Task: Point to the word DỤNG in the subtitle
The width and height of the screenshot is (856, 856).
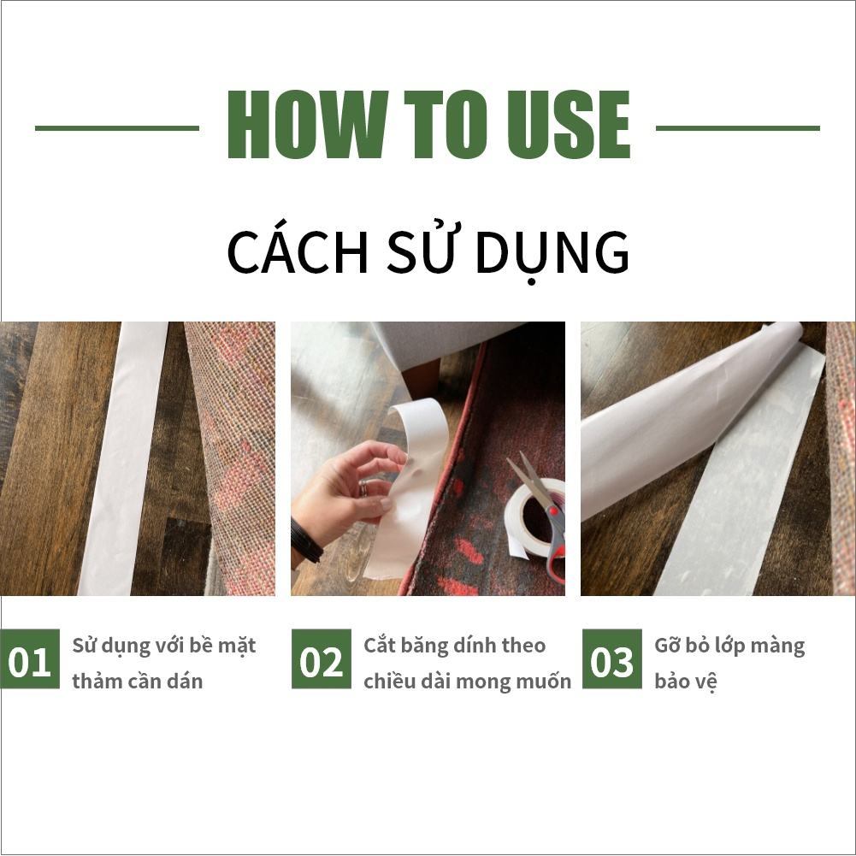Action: [552, 253]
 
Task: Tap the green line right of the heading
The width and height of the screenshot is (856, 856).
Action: [737, 128]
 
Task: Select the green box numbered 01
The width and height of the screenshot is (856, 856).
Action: [30, 659]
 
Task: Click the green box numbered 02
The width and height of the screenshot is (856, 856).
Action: [322, 659]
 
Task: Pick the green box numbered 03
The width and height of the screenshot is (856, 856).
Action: [612, 659]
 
